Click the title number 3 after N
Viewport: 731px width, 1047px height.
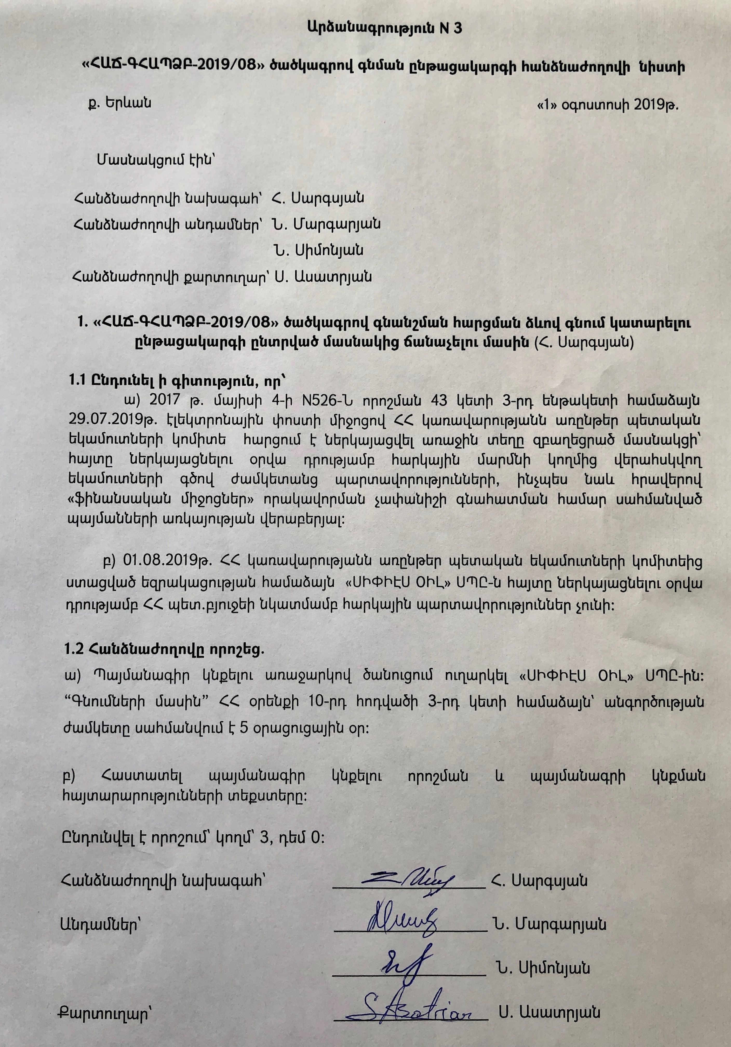pyautogui.click(x=457, y=28)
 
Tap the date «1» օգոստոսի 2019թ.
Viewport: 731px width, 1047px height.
pyautogui.click(x=608, y=106)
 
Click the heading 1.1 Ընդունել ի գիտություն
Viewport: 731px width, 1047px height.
pyautogui.click(x=178, y=380)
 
